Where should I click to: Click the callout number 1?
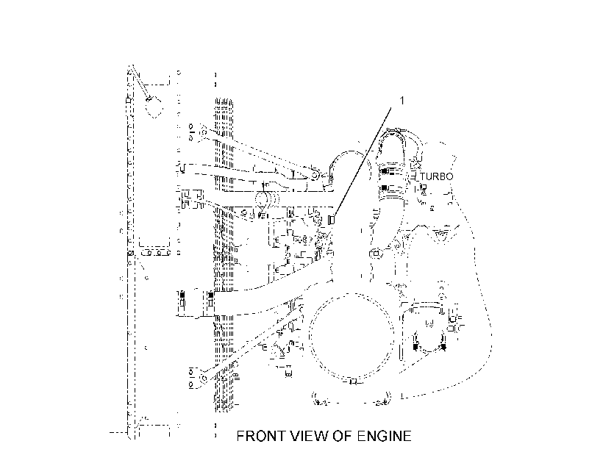pyautogui.click(x=402, y=101)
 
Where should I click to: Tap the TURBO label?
pyautogui.click(x=437, y=176)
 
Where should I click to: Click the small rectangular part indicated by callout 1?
pyautogui.click(x=330, y=220)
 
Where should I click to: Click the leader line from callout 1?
pyautogui.click(x=362, y=162)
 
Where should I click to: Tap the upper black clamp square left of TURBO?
pyautogui.click(x=384, y=171)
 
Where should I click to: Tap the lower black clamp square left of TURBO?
pyautogui.click(x=384, y=187)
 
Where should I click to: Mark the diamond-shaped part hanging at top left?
pyautogui.click(x=154, y=107)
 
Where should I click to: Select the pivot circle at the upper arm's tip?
pyautogui.click(x=315, y=176)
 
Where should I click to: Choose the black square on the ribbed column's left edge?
pyautogui.click(x=210, y=295)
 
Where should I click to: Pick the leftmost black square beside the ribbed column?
pyautogui.click(x=182, y=295)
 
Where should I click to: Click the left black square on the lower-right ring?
pyautogui.click(x=415, y=347)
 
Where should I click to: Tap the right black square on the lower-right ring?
pyautogui.click(x=443, y=347)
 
